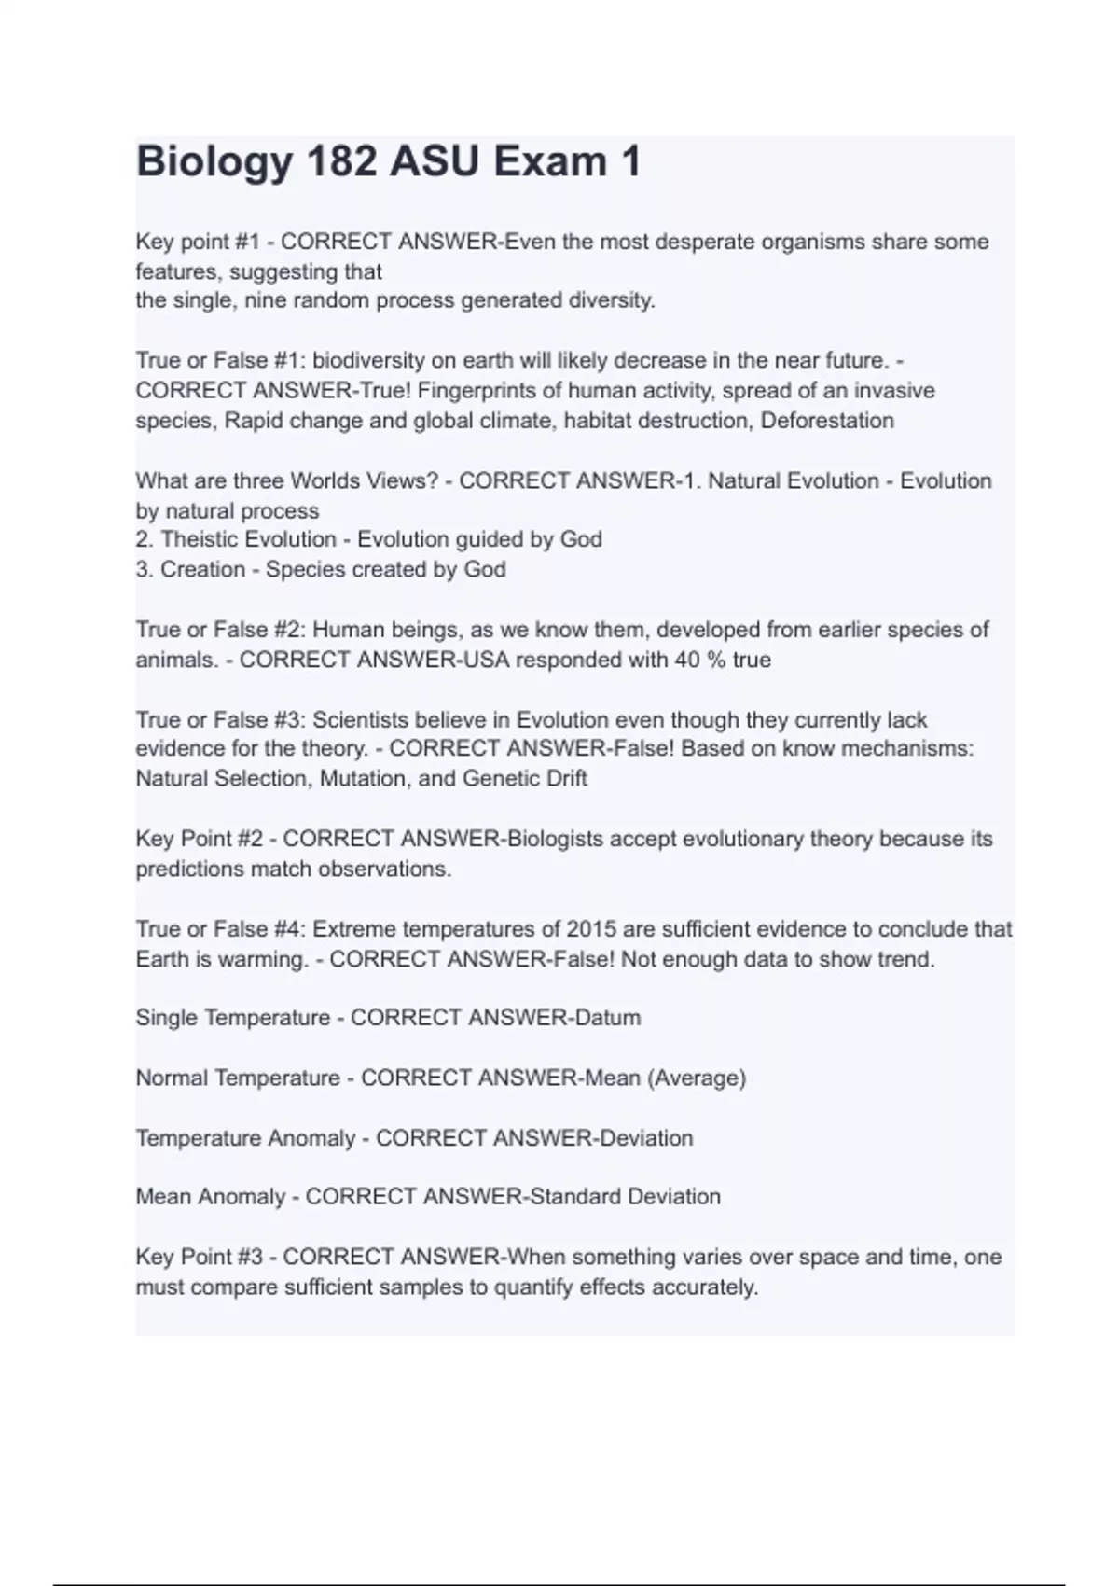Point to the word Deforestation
pos(827,420)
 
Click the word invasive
pos(894,390)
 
